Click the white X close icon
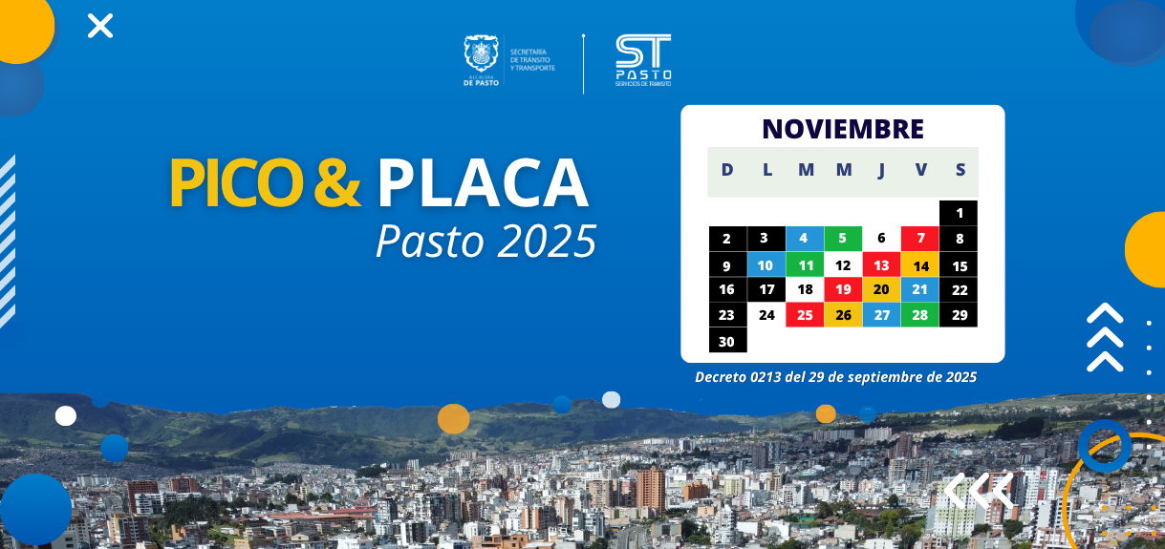(100, 26)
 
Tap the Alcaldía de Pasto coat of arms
(481, 53)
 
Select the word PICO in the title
(237, 183)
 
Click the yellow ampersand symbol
(337, 182)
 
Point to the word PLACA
(483, 183)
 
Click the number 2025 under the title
(546, 241)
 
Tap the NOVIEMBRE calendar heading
(843, 129)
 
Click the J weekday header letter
(881, 170)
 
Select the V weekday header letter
(920, 169)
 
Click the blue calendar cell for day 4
(805, 239)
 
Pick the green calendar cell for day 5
(843, 239)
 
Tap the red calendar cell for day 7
(920, 239)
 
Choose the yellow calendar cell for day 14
(920, 264)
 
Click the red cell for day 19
(843, 290)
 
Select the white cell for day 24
(766, 315)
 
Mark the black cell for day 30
(727, 340)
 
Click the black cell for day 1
(959, 213)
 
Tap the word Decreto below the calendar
(720, 377)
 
